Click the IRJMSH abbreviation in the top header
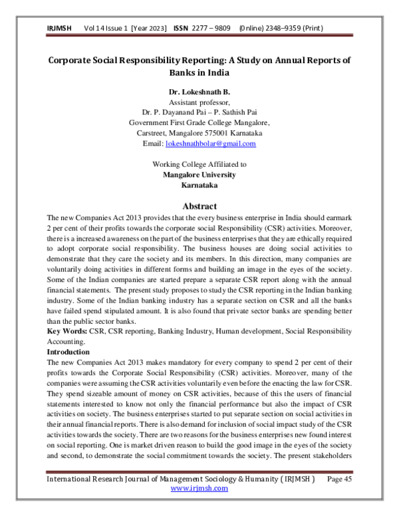[x=60, y=29]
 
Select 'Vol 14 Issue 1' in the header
[x=107, y=29]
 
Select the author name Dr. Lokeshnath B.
[x=199, y=91]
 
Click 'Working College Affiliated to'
[x=199, y=164]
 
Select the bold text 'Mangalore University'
[x=199, y=174]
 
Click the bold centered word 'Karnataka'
[x=199, y=185]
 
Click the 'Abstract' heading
[x=199, y=205]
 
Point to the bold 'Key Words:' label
[x=66, y=330]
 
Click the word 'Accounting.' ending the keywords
[x=66, y=340]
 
